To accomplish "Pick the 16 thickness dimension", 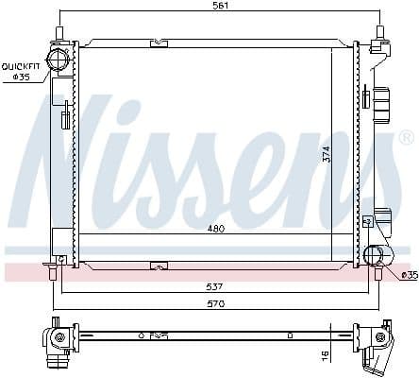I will (x=324, y=355).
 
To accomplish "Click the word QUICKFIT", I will (x=21, y=66).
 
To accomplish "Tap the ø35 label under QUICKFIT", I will (x=21, y=77).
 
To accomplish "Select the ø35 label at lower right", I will (x=409, y=275).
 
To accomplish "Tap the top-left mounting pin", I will (x=59, y=34).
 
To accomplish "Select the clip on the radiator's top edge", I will (x=159, y=43).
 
